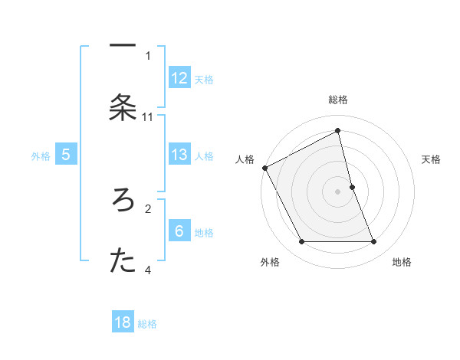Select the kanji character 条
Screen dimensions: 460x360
[x=123, y=108]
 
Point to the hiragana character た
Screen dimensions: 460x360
[x=123, y=261]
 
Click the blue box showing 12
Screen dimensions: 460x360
[x=179, y=77]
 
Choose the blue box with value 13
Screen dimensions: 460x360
[x=179, y=154]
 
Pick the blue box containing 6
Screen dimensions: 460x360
[x=179, y=231]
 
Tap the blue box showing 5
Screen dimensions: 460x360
[x=66, y=155]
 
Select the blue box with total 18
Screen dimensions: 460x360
[x=123, y=322]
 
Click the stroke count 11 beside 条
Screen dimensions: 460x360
[x=148, y=116]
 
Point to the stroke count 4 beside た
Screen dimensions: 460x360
[x=148, y=270]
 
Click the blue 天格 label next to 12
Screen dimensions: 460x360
[x=204, y=79]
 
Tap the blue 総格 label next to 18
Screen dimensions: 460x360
[x=147, y=324]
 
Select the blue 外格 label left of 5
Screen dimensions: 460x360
[x=41, y=156]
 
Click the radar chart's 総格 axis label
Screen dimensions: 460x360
[x=338, y=100]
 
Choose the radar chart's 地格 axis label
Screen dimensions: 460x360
[x=402, y=262]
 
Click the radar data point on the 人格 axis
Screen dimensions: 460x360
[x=264, y=168]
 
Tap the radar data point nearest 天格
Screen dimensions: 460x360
[x=352, y=187]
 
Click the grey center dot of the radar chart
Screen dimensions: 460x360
[x=338, y=191]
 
